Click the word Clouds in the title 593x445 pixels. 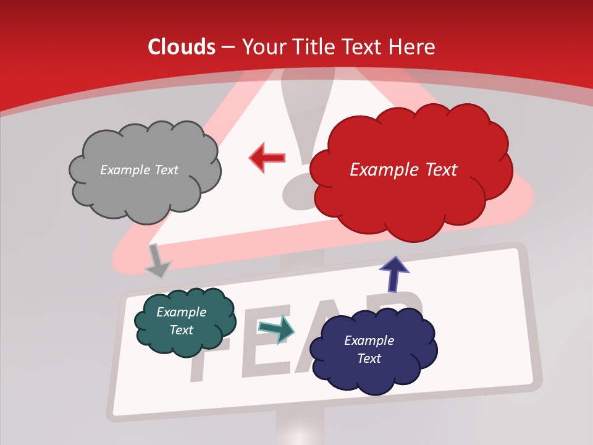[181, 47]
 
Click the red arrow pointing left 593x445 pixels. [267, 158]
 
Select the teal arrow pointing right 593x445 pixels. [277, 328]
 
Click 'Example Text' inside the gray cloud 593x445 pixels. [139, 170]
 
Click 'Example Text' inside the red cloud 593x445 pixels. [403, 170]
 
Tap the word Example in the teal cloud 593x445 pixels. [181, 312]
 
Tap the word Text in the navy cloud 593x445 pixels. [369, 358]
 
